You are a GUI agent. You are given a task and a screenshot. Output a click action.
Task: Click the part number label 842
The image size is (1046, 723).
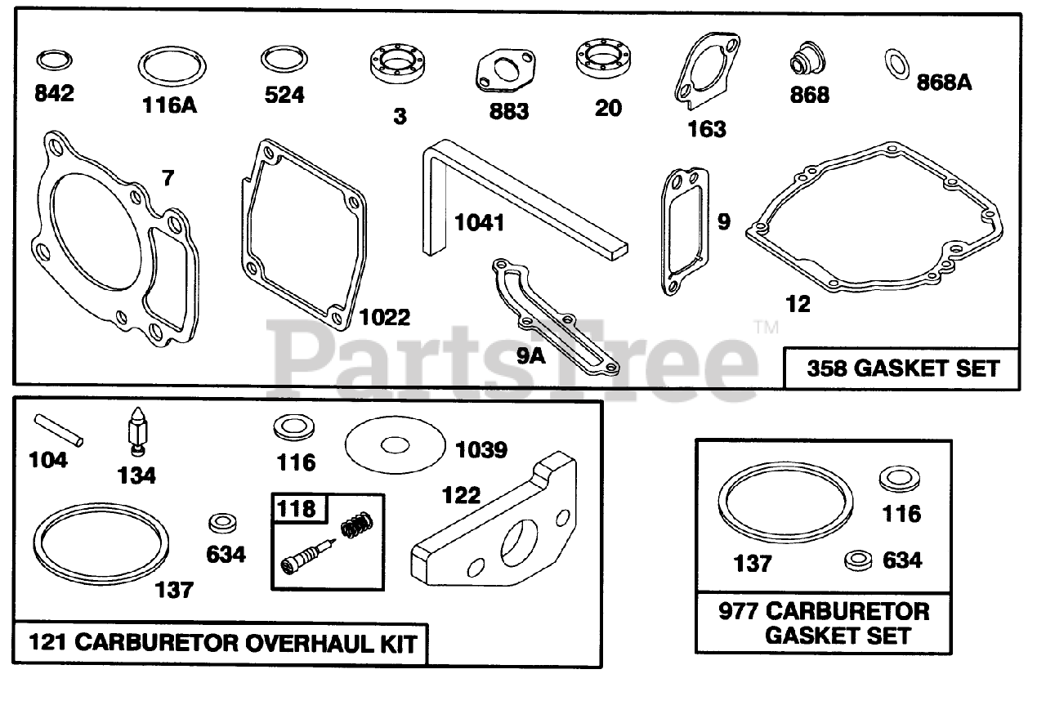pyautogui.click(x=54, y=93)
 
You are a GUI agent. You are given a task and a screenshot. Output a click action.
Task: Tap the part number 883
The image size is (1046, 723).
pyautogui.click(x=508, y=111)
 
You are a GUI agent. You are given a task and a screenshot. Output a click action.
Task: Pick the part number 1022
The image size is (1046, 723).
pyautogui.click(x=384, y=317)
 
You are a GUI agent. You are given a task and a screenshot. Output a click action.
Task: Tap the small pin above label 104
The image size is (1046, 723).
pyautogui.click(x=59, y=430)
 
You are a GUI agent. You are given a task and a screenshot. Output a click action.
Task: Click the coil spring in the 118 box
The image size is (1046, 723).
pyautogui.click(x=356, y=526)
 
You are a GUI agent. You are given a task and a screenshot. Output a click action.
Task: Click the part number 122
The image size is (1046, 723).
pyautogui.click(x=462, y=495)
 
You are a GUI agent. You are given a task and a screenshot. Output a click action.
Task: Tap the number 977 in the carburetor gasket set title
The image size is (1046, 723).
pyautogui.click(x=740, y=611)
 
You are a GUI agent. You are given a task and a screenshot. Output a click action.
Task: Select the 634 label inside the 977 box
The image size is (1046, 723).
pyautogui.click(x=902, y=560)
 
